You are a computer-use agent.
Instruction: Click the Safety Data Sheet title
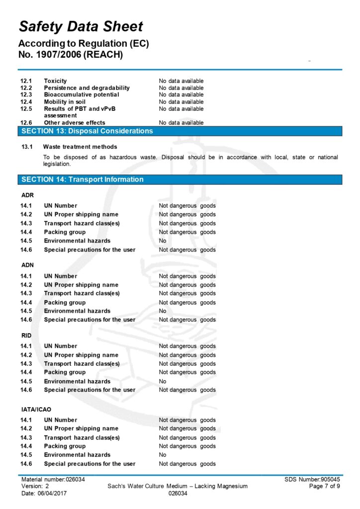click(x=81, y=26)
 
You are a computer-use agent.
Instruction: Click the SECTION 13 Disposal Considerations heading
click(x=87, y=131)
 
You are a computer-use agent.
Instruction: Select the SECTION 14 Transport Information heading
click(x=83, y=179)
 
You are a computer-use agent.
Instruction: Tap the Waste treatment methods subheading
click(x=80, y=147)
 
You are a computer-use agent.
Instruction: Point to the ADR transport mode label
click(x=27, y=195)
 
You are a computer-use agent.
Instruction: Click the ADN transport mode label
click(x=27, y=265)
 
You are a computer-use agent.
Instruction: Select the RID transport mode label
click(x=26, y=336)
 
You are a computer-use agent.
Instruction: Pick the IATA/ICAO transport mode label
click(x=36, y=410)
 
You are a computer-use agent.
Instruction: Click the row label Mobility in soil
click(x=65, y=102)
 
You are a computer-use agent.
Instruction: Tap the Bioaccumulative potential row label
click(x=82, y=94)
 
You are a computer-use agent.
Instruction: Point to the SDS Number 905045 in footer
click(x=312, y=479)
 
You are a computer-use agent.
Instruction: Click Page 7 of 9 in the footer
click(x=325, y=486)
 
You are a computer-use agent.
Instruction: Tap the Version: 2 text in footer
click(x=35, y=486)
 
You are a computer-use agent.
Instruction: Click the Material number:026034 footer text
click(x=53, y=479)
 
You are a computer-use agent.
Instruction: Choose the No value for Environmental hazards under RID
click(x=163, y=381)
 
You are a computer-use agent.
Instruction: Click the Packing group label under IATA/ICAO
click(x=65, y=446)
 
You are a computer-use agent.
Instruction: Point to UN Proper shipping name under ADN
click(x=81, y=285)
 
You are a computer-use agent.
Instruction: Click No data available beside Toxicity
click(x=181, y=81)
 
